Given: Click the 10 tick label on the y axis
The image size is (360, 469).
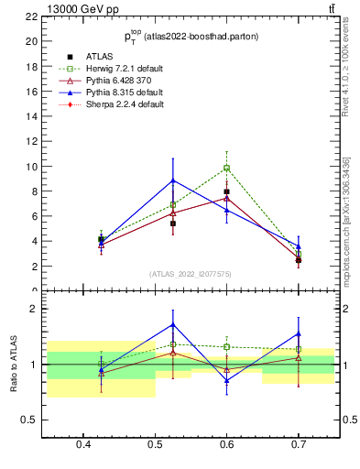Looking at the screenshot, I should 33,167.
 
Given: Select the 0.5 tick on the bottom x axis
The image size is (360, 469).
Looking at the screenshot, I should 156,445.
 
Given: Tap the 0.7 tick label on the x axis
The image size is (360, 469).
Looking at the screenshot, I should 298,445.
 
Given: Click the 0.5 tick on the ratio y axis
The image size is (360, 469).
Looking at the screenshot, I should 30,420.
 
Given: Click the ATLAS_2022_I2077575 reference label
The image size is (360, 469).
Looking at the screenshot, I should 191,274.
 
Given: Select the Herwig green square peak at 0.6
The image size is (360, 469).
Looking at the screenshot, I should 226,168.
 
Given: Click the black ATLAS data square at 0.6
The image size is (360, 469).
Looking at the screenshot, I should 226,191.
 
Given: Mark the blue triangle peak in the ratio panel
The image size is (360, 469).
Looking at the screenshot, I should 173,324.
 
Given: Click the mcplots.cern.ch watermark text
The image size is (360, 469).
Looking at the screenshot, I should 345,220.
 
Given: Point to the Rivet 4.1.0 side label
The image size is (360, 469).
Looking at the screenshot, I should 345,73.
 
